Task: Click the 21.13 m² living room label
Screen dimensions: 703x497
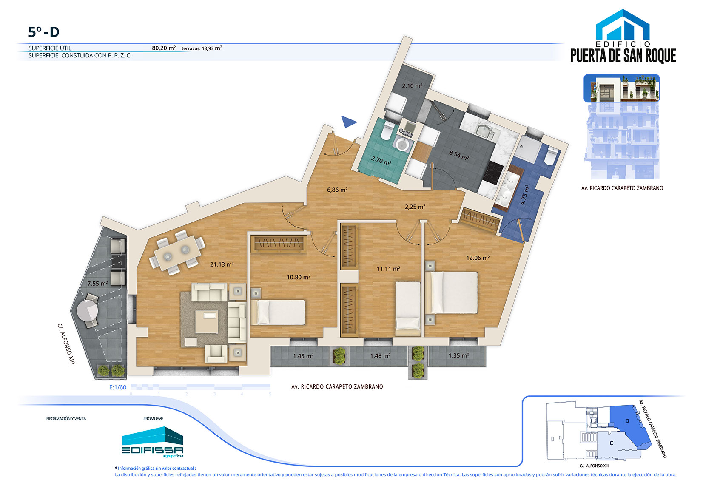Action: pyautogui.click(x=222, y=264)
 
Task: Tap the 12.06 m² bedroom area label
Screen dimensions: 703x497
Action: pyautogui.click(x=478, y=258)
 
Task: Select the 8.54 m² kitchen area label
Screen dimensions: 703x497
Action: pyautogui.click(x=459, y=155)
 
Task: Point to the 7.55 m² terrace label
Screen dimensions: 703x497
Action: pyautogui.click(x=98, y=283)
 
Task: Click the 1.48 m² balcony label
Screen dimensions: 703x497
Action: pyautogui.click(x=380, y=356)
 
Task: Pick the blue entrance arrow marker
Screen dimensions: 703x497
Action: pyautogui.click(x=348, y=122)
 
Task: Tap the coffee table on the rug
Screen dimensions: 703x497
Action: pyautogui.click(x=207, y=322)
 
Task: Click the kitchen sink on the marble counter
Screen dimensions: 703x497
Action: pyautogui.click(x=484, y=131)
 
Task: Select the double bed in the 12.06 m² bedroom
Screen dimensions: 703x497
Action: pyautogui.click(x=452, y=293)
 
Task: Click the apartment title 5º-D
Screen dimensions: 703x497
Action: pyautogui.click(x=44, y=32)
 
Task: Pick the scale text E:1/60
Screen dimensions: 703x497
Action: pyautogui.click(x=118, y=387)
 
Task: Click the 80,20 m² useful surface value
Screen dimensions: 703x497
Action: pyautogui.click(x=164, y=48)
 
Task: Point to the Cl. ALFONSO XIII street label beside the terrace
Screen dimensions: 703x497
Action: pyautogui.click(x=66, y=344)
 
